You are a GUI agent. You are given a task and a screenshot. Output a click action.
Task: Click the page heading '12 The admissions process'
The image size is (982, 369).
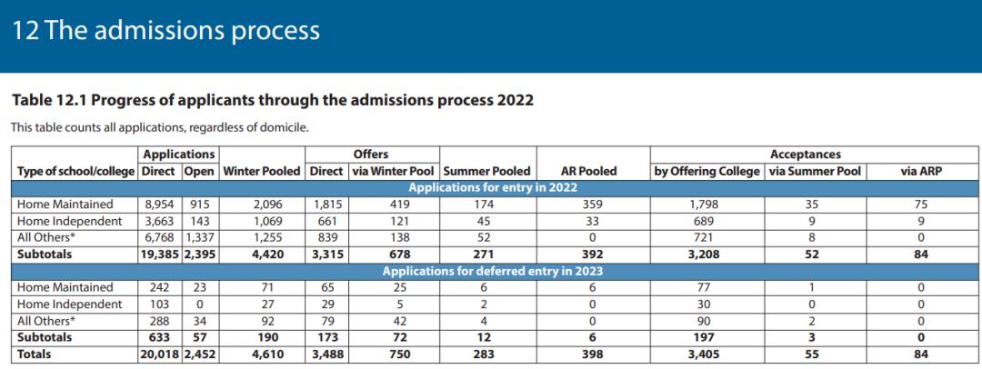pyautogui.click(x=165, y=31)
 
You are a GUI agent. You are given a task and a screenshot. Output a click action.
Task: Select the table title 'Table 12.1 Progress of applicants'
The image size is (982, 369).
pyautogui.click(x=272, y=100)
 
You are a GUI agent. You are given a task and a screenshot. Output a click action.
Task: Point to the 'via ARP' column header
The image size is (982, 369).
pyautogui.click(x=920, y=171)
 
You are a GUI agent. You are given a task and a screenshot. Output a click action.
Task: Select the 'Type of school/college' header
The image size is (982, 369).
pyautogui.click(x=75, y=171)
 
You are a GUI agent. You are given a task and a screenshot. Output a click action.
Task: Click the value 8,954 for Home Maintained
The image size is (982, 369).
pyautogui.click(x=160, y=204)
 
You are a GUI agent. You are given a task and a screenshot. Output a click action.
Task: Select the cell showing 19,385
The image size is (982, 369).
pyautogui.click(x=158, y=254)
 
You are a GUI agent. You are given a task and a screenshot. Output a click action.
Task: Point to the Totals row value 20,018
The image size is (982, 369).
pyautogui.click(x=158, y=354)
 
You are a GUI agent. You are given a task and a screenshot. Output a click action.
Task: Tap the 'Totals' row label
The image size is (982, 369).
pyautogui.click(x=35, y=354)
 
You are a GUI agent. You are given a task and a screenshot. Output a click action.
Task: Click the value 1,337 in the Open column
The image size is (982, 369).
pyautogui.click(x=201, y=237)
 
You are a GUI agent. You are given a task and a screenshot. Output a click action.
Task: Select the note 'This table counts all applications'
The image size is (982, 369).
pyautogui.click(x=160, y=127)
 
